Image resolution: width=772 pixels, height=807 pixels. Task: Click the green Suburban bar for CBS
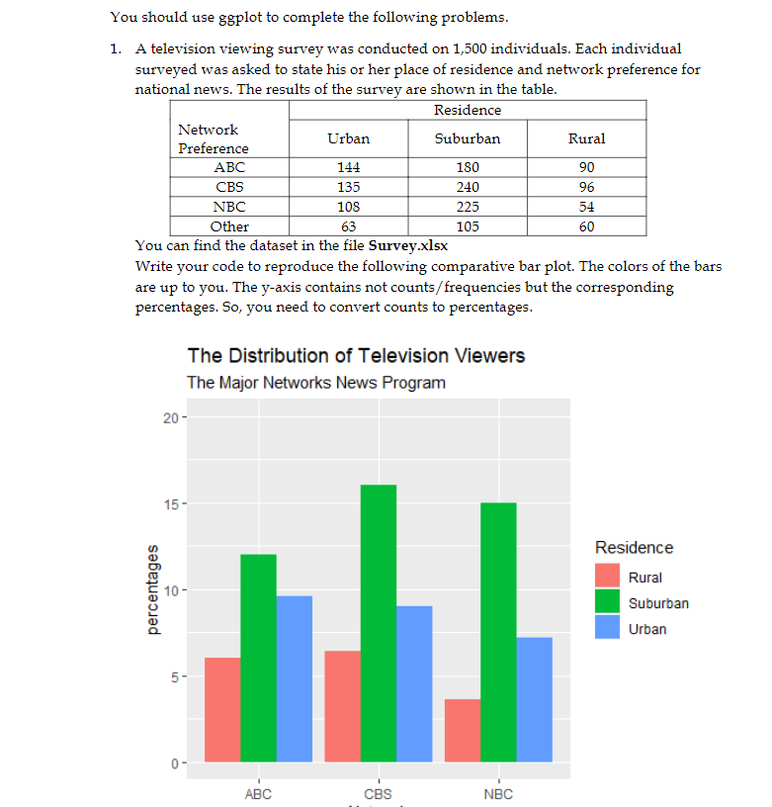(x=378, y=623)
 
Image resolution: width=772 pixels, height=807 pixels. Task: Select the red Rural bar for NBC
(x=463, y=731)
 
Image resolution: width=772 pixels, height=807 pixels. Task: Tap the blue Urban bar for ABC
(x=295, y=678)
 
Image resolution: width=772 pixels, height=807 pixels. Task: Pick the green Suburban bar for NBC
(x=498, y=632)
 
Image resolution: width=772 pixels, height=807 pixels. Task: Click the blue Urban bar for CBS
(x=414, y=683)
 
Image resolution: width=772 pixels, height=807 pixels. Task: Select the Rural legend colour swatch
(x=608, y=577)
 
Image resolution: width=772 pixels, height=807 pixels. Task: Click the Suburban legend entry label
(x=658, y=603)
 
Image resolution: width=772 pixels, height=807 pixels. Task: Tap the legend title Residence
(x=634, y=548)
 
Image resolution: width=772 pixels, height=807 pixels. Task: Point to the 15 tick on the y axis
(x=170, y=504)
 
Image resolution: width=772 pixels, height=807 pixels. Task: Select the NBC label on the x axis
(x=498, y=794)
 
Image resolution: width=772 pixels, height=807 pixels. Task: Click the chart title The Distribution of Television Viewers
(x=356, y=355)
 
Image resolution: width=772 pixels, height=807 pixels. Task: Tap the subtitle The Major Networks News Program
(x=316, y=383)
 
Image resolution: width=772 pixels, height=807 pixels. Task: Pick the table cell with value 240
(x=468, y=187)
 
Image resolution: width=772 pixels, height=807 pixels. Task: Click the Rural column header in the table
(x=586, y=138)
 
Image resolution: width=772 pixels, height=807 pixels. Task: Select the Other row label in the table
(x=230, y=226)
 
